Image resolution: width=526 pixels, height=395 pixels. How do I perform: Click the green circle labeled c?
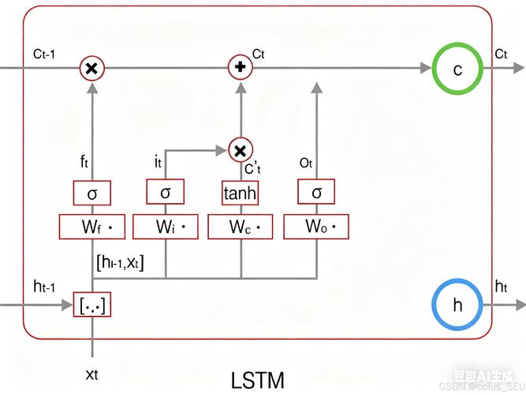[457, 69]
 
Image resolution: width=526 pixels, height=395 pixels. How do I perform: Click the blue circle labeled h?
[457, 304]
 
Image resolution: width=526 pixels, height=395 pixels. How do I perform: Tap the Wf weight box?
[92, 227]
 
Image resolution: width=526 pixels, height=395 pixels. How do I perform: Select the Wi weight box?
[166, 227]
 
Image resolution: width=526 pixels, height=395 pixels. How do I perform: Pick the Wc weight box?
[240, 227]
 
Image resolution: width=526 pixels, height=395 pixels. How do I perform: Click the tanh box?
[240, 192]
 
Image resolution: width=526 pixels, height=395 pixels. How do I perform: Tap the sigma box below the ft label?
[92, 192]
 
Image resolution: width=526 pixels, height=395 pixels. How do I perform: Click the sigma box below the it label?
[166, 192]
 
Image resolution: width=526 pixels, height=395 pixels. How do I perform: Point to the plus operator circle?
[240, 68]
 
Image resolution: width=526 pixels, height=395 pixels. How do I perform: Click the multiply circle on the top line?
[92, 69]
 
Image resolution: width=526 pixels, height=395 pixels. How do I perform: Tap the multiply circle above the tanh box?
[240, 149]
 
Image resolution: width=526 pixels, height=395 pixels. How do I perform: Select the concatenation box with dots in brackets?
[92, 304]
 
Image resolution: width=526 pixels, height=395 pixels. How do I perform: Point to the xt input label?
[91, 373]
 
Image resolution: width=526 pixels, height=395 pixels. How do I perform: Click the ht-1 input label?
[44, 286]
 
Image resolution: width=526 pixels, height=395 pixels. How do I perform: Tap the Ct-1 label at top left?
[43, 54]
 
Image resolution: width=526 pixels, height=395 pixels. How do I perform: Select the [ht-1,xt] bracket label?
[120, 261]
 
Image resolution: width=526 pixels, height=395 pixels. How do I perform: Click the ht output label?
[500, 286]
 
